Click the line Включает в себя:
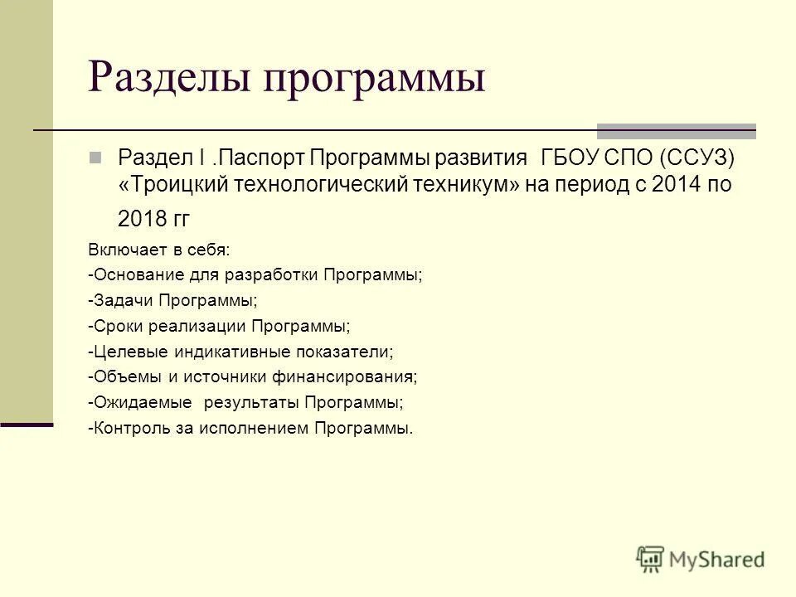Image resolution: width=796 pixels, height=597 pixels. tap(158, 249)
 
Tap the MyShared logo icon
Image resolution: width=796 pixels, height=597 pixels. tap(651, 559)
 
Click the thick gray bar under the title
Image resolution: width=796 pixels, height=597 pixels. tap(677, 130)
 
